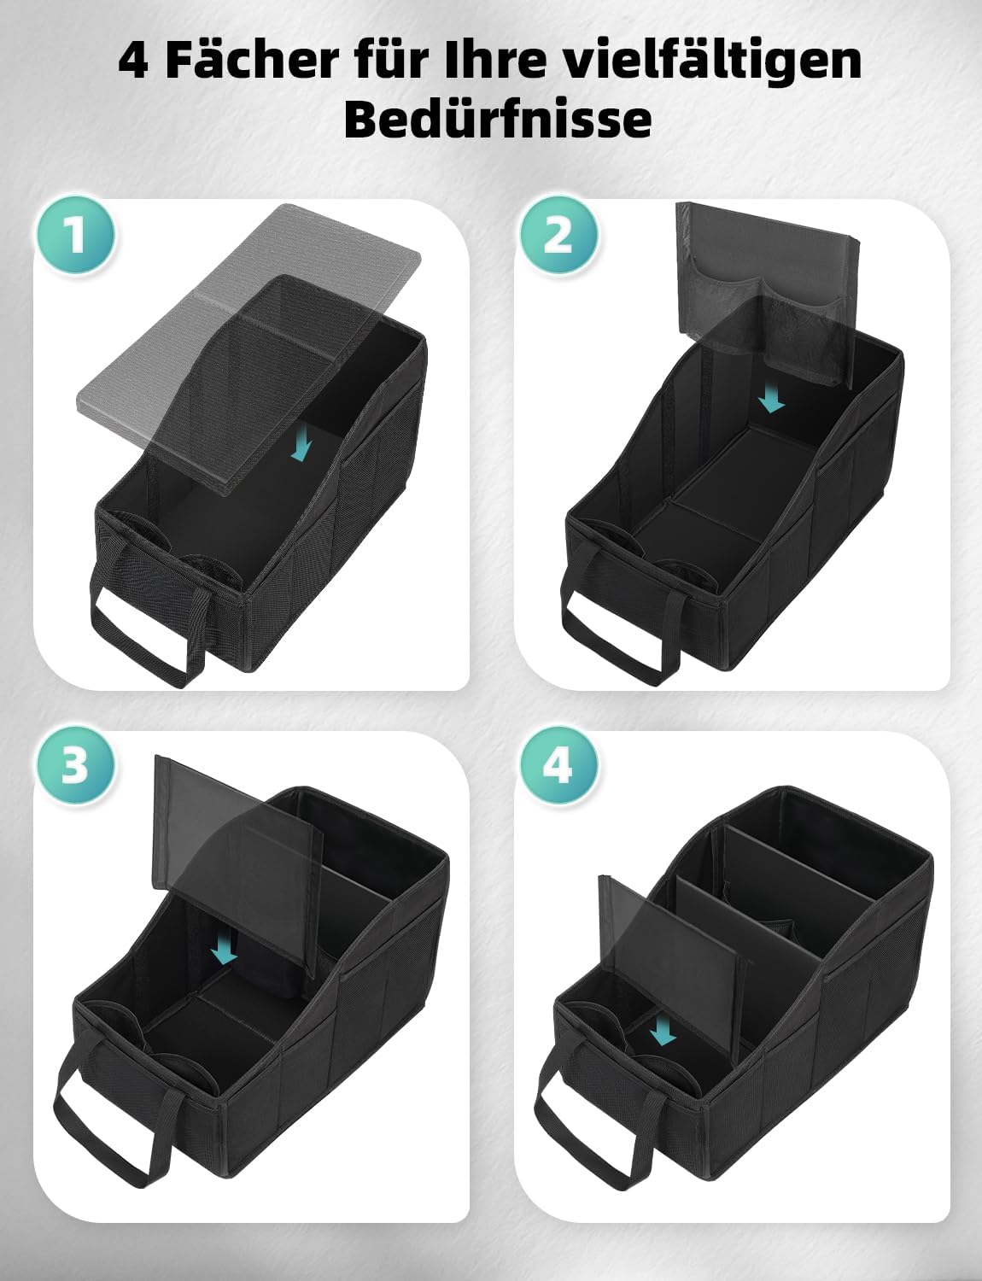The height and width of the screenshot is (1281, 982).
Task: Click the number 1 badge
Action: pyautogui.click(x=76, y=235)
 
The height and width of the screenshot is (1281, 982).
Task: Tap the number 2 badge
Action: pyautogui.click(x=558, y=235)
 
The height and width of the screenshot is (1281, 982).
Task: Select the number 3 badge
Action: pyautogui.click(x=76, y=766)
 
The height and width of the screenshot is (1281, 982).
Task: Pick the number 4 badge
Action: pyautogui.click(x=558, y=766)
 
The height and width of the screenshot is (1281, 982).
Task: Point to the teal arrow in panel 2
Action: pyautogui.click(x=772, y=400)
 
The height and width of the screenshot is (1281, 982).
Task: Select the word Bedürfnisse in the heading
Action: pyautogui.click(x=498, y=119)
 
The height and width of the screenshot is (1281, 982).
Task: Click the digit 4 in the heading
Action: pyautogui.click(x=133, y=61)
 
